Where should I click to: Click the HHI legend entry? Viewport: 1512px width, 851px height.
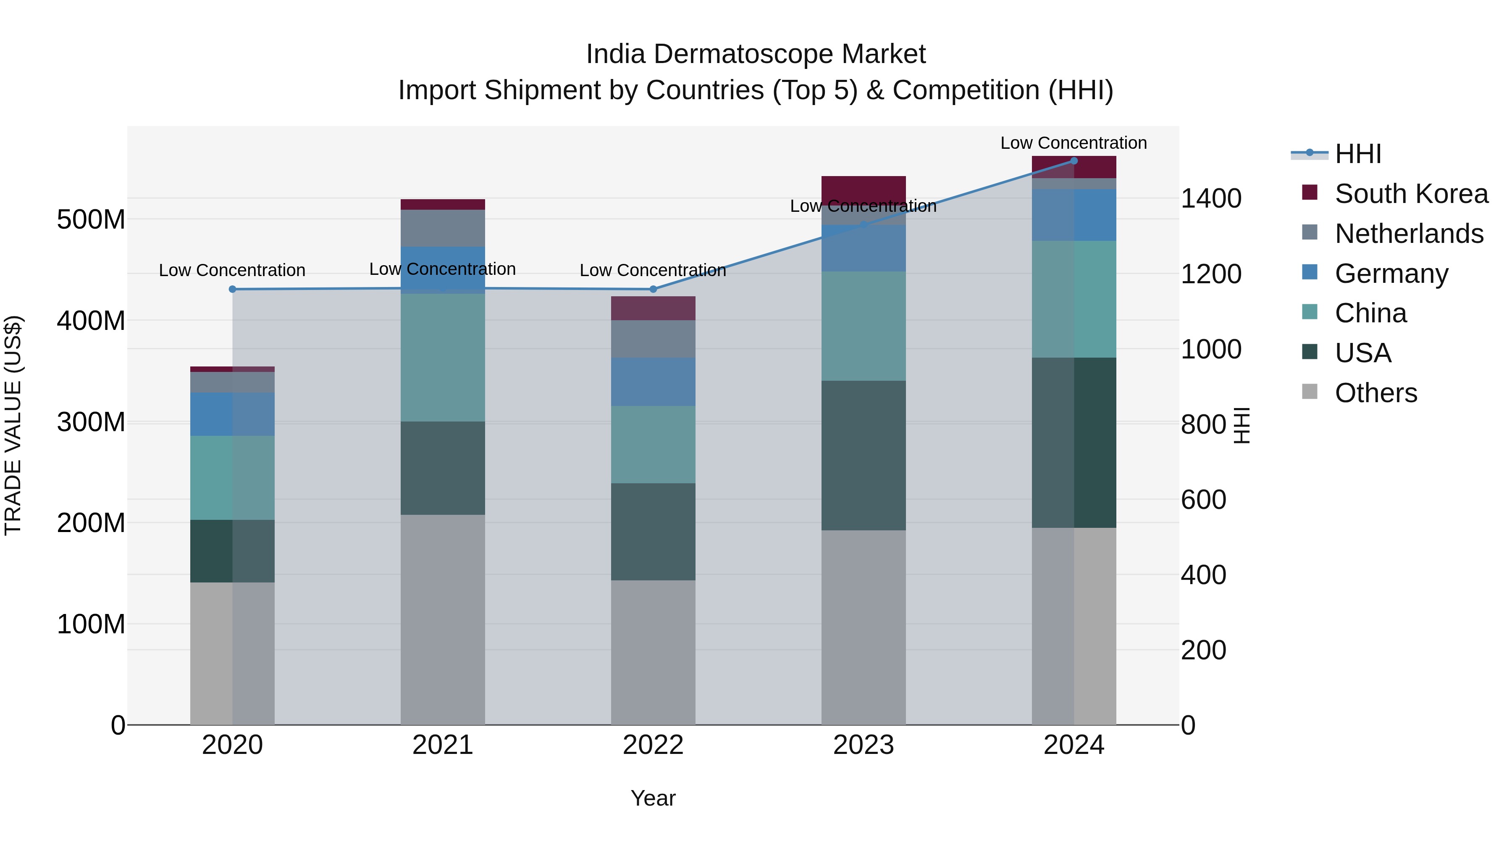click(x=1357, y=154)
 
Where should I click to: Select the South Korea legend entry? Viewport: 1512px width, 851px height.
click(x=1411, y=194)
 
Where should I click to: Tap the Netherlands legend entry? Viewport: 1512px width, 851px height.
click(x=1409, y=234)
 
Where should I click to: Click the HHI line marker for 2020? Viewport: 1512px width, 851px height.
click(x=232, y=289)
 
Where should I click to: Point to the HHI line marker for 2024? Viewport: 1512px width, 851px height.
click(x=1074, y=161)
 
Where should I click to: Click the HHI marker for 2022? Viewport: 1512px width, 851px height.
click(x=653, y=289)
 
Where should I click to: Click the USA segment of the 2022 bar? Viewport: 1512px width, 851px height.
click(x=653, y=532)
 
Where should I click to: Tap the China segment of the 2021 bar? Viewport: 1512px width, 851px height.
click(x=443, y=357)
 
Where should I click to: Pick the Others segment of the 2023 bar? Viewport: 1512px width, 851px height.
click(x=864, y=627)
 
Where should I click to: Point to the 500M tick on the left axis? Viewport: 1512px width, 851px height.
click(x=91, y=220)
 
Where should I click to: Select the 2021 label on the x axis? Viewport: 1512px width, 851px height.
click(x=443, y=745)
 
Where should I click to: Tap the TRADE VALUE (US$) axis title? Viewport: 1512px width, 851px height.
click(x=13, y=425)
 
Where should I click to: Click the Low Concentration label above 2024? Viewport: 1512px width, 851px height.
click(x=1074, y=143)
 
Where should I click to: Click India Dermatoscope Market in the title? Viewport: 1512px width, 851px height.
click(x=756, y=54)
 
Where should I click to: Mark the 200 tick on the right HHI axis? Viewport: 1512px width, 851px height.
click(x=1203, y=650)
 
